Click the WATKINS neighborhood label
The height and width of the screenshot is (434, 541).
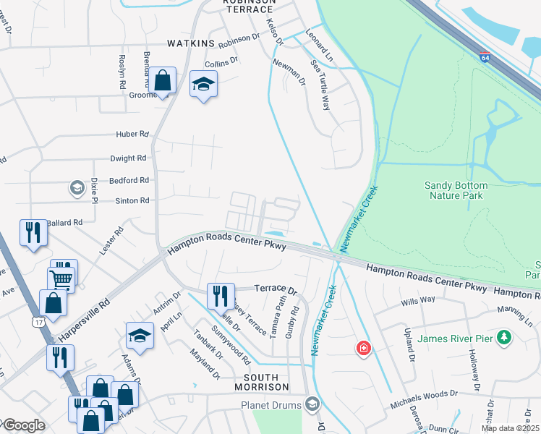click(x=192, y=43)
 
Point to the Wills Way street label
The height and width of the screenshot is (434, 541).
click(x=418, y=299)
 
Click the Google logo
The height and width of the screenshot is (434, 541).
click(x=23, y=425)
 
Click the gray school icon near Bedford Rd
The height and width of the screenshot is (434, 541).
click(x=76, y=189)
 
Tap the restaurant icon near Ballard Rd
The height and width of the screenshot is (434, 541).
click(x=32, y=233)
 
